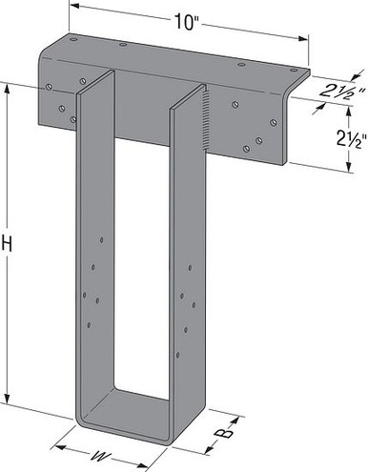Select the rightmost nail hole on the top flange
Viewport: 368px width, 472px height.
coord(305,72)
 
